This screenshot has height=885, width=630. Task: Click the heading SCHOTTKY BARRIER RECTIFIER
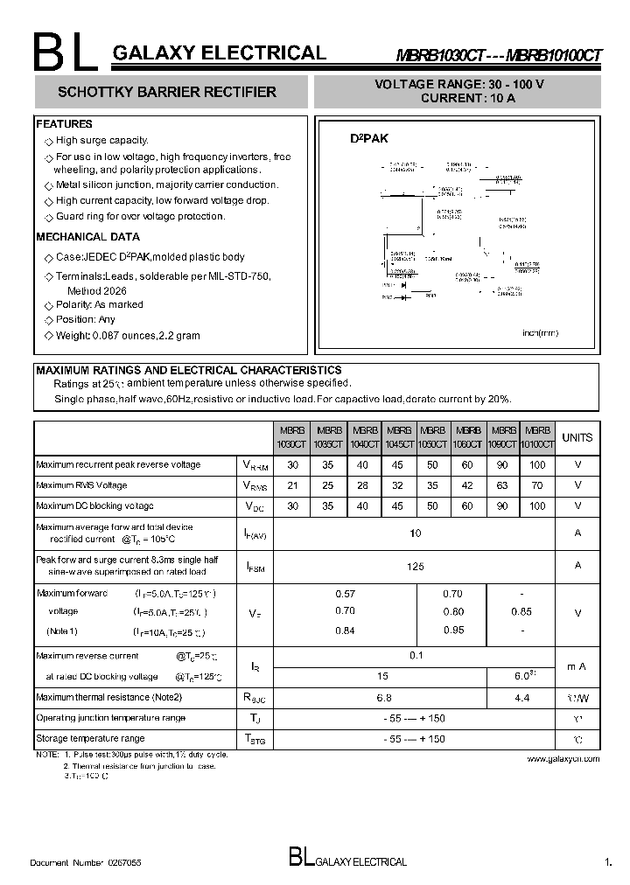click(166, 92)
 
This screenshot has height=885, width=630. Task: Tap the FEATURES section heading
click(64, 124)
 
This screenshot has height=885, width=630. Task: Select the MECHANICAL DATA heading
click(87, 237)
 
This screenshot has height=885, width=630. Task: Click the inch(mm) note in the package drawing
click(540, 333)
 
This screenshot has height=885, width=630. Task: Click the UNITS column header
click(577, 437)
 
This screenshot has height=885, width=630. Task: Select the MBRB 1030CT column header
click(292, 437)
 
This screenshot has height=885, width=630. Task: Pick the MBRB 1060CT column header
click(468, 437)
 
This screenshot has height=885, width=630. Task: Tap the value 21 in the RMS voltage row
click(292, 485)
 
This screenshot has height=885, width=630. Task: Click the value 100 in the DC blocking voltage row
click(537, 506)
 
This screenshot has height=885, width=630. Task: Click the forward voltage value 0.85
click(521, 612)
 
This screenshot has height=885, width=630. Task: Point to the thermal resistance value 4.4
click(522, 698)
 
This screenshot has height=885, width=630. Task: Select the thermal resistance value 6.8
click(383, 698)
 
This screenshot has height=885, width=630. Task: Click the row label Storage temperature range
click(90, 738)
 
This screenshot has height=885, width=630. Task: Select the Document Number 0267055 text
click(86, 862)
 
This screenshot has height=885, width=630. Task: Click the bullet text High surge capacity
click(101, 140)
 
